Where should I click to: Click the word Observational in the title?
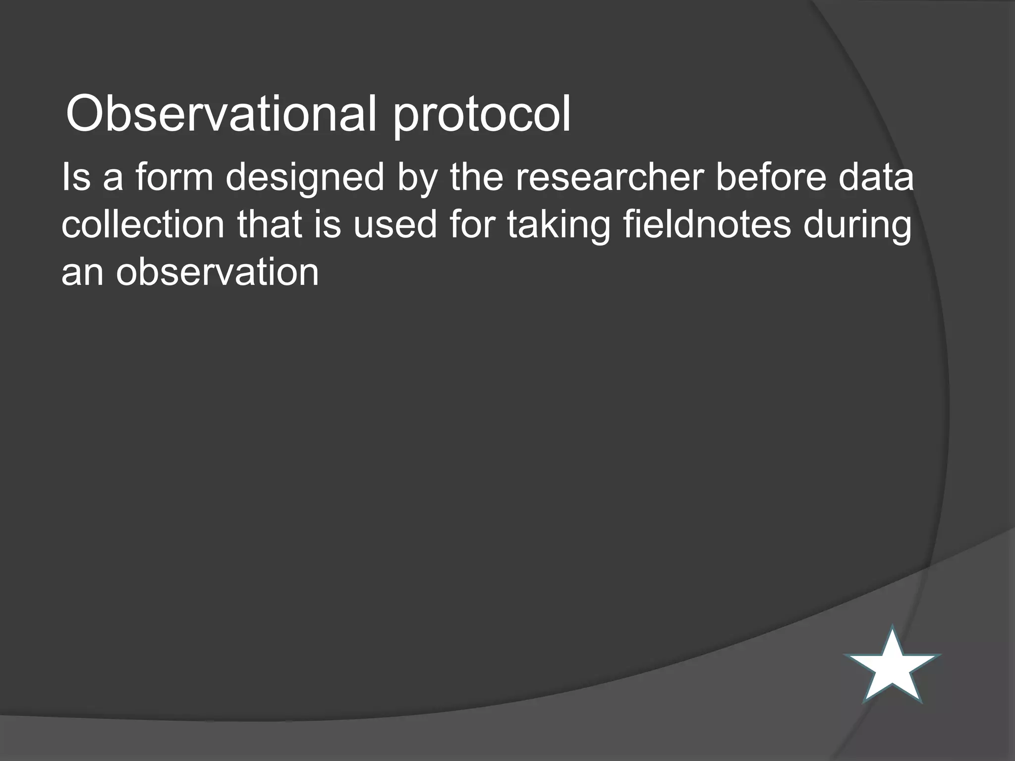pos(221,114)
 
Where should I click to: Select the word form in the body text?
pos(174,177)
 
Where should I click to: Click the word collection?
pos(143,224)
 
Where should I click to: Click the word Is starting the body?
pos(76,177)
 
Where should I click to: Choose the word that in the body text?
pos(269,224)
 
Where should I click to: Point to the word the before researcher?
pos(476,177)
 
